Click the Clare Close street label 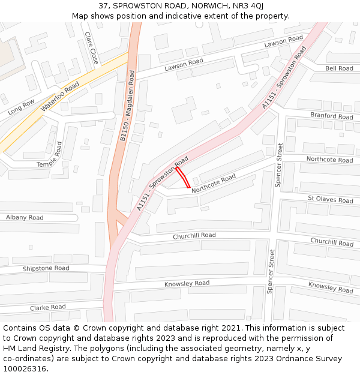[92, 48]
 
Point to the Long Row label [22, 107]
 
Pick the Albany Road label [25, 217]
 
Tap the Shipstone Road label [46, 268]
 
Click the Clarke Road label [48, 308]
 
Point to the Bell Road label [339, 68]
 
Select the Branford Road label [332, 115]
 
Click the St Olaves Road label [331, 199]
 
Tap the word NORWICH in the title [200, 6]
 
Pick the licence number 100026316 [25, 369]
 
